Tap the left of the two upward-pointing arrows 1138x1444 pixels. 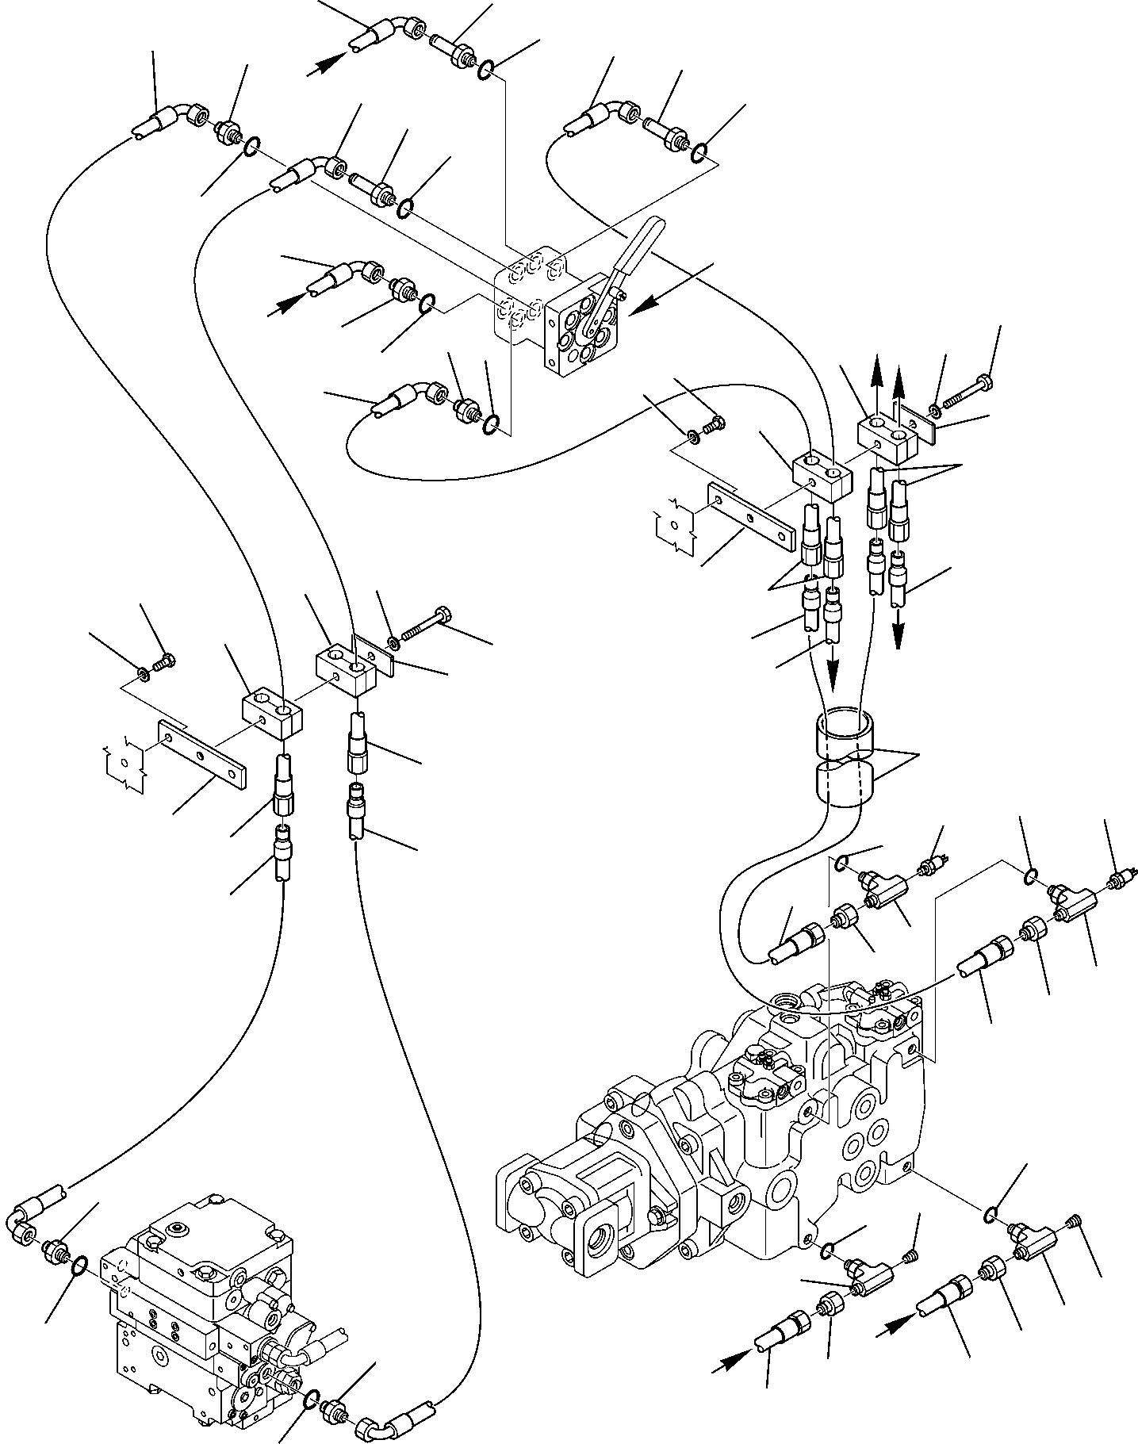point(876,380)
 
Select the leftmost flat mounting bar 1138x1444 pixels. point(202,758)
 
